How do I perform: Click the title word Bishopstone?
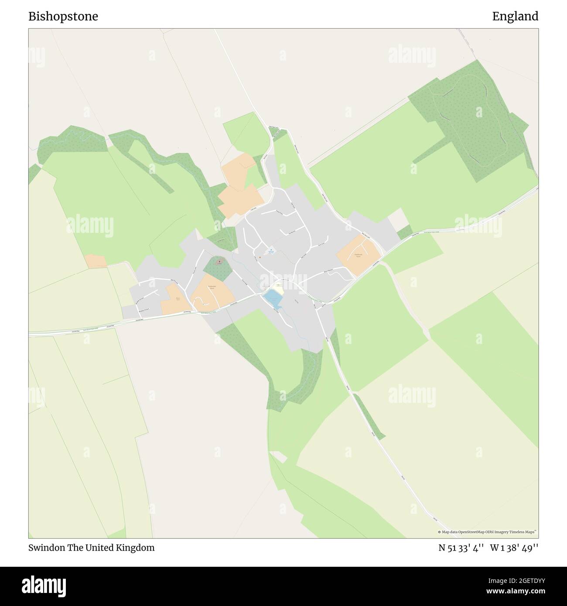pyautogui.click(x=63, y=17)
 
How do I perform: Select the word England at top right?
pyautogui.click(x=515, y=17)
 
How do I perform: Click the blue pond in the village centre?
pyautogui.click(x=272, y=299)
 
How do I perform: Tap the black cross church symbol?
pyautogui.click(x=219, y=262)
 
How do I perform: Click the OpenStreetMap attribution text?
pyautogui.click(x=487, y=532)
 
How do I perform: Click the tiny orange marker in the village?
pyautogui.click(x=260, y=257)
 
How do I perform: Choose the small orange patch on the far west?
pyautogui.click(x=96, y=261)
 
